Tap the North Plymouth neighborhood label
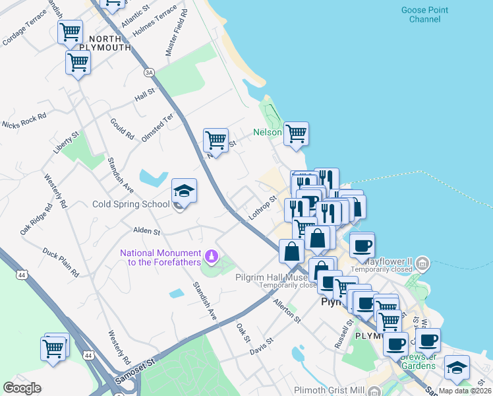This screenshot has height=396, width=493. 105,43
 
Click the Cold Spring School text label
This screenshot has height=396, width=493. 130,205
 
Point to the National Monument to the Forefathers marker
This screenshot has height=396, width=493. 211,255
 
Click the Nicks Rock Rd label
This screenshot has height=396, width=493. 24,120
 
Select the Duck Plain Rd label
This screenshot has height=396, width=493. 61,261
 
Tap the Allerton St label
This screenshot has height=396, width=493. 287,310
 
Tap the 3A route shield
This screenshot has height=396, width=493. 149,72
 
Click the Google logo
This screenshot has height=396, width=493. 22,388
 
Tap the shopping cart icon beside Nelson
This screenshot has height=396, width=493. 296,133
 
